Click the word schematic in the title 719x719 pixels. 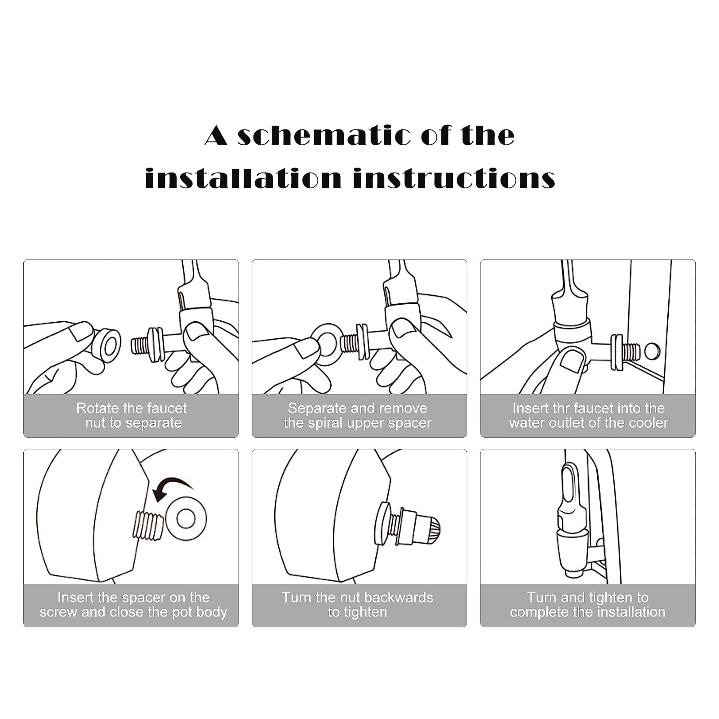pos(324,136)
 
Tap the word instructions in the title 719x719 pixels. pos(454,178)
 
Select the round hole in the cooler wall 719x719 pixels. pos(652,351)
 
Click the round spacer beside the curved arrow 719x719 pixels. pos(186,519)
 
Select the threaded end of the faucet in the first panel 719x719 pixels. pos(140,346)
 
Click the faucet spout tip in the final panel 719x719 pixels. pos(574,573)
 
